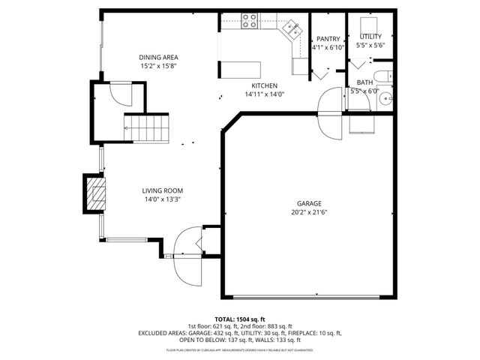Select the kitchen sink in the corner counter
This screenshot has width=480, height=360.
pos(292,30)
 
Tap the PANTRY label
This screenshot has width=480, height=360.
pos(328,39)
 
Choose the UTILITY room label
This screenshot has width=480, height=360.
pos(370,37)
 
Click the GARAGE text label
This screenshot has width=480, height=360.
pos(308,203)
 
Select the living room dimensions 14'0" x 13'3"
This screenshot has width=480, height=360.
pos(163,199)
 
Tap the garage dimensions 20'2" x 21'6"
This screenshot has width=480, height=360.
pos(308,212)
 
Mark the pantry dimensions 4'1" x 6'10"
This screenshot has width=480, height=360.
pos(328,48)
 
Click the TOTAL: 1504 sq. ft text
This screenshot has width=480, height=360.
pos(240,319)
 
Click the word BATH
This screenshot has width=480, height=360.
pos(364,82)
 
